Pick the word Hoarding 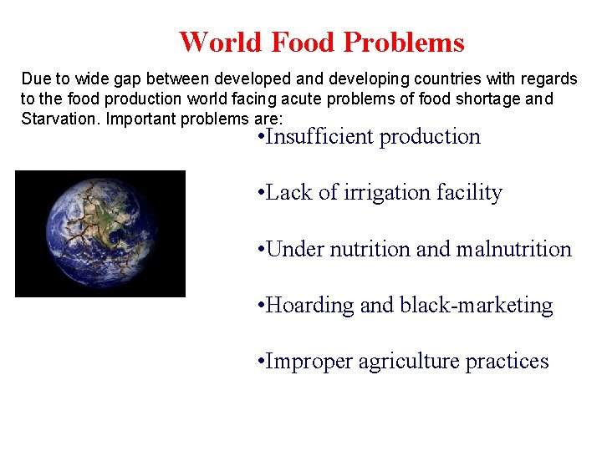point(309,306)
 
